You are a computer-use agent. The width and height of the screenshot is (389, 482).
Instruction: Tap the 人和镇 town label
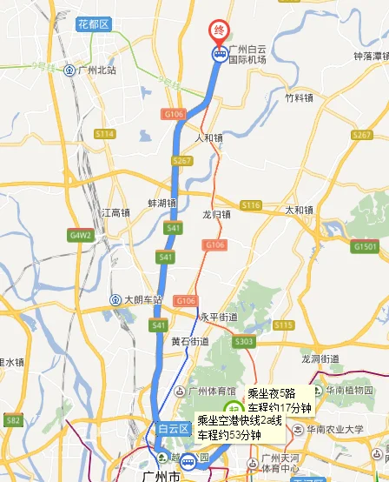pos(209,137)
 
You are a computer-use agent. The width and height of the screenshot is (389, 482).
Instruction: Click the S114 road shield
pos(105,133)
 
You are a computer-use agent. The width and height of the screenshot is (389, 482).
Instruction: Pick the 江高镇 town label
pos(115,211)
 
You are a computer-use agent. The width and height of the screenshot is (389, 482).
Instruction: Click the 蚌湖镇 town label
pos(162,204)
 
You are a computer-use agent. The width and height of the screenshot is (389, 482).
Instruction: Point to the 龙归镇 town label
pos(216,213)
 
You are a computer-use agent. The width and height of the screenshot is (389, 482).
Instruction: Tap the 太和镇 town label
pos(299,210)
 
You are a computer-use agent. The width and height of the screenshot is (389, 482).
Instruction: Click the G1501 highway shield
pos(365,247)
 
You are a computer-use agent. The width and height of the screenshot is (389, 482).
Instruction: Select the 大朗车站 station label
pos(142,300)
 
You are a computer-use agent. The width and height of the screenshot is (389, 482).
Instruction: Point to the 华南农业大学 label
pos(333,429)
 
